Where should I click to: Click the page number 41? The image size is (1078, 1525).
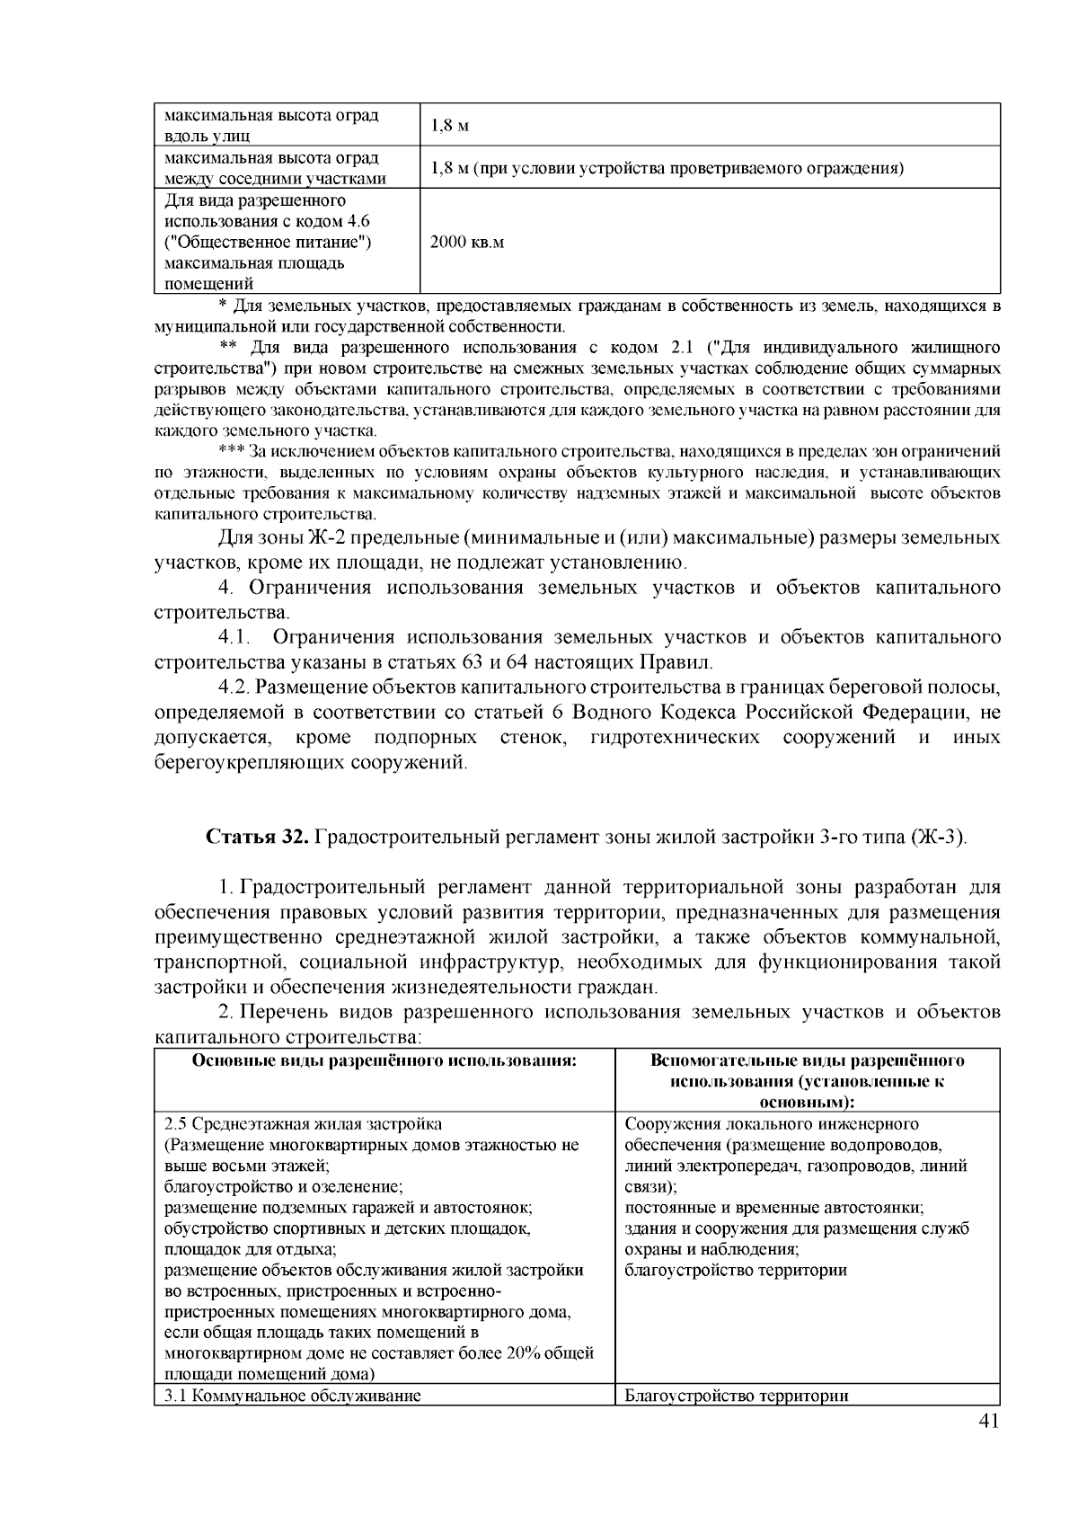pos(986,1421)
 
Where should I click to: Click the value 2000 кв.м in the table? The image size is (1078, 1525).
pos(467,243)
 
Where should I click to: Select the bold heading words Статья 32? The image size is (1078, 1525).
pos(259,838)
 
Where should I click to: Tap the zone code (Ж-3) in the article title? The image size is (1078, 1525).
pos(940,838)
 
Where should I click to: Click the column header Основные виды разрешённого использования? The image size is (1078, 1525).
pos(384,1060)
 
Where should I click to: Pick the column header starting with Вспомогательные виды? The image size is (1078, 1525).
pos(807,1060)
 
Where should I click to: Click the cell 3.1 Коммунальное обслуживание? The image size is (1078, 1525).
pos(293,1396)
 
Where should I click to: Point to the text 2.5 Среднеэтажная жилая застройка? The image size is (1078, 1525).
pos(304,1124)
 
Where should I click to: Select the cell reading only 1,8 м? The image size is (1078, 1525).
pos(450,126)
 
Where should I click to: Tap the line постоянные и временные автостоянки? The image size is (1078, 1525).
pos(774,1208)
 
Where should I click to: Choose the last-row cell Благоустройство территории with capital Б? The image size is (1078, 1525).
pos(737,1396)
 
